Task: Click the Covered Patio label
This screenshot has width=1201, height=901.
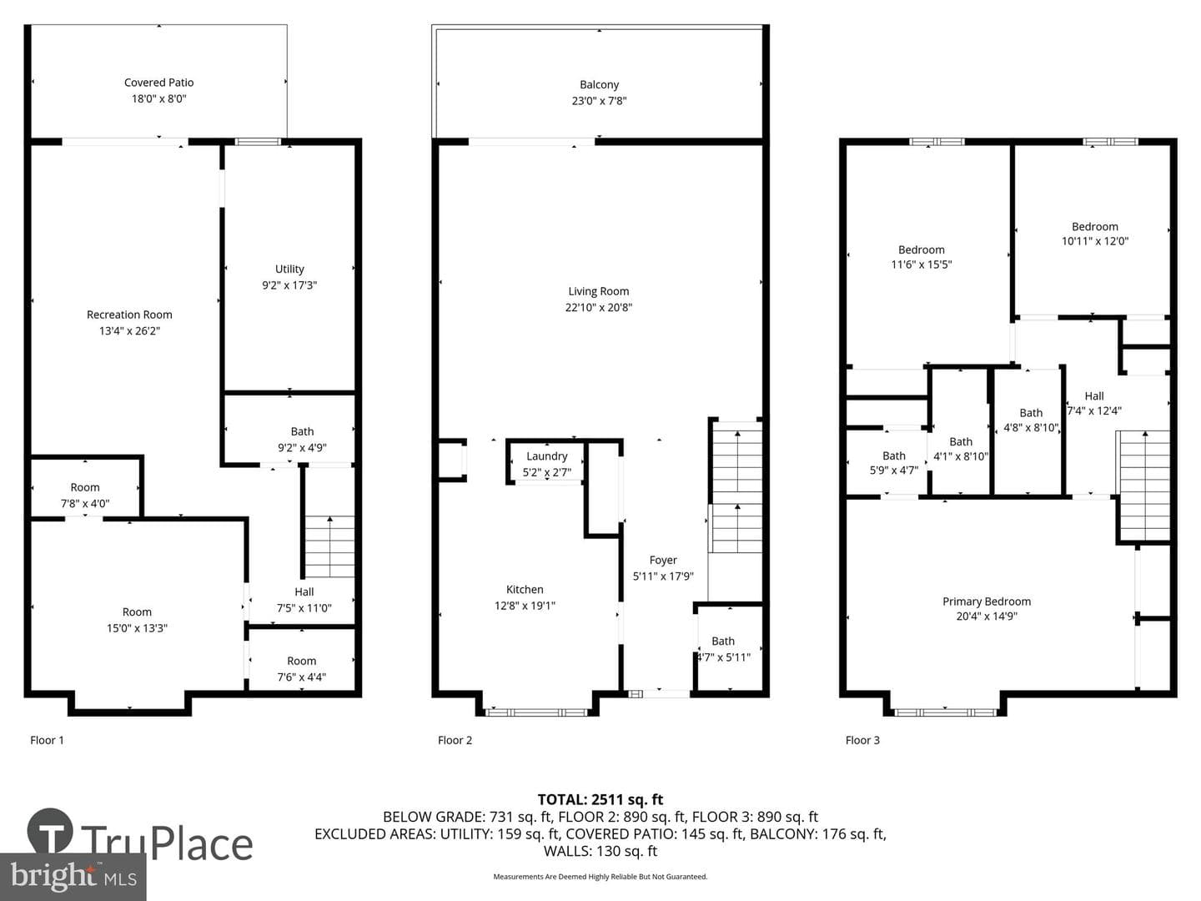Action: tap(158, 83)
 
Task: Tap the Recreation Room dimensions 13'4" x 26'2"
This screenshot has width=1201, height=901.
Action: tap(129, 331)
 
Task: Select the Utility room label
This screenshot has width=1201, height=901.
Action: tap(289, 269)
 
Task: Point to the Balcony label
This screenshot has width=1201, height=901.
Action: tap(599, 85)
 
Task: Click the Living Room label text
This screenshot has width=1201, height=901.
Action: tap(599, 292)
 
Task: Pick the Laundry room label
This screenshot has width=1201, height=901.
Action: tap(546, 456)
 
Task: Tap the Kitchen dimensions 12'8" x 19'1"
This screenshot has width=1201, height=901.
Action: tap(525, 606)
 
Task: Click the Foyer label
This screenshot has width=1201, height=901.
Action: tap(663, 560)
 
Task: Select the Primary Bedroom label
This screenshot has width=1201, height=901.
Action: tap(987, 602)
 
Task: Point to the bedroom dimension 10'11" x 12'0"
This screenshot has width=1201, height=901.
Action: tap(1095, 241)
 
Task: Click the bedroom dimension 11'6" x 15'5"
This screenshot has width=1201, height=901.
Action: tap(922, 264)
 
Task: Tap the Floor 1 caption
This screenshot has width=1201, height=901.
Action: tap(47, 740)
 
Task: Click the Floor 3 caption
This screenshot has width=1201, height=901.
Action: tap(862, 740)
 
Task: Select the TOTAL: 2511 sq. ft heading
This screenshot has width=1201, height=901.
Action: tap(600, 800)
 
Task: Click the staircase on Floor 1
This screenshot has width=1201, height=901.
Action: tap(329, 546)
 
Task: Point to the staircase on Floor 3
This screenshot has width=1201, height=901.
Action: tap(1143, 486)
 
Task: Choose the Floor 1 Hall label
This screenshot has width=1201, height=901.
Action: tap(304, 592)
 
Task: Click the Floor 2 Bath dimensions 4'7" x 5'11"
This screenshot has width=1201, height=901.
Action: tap(723, 657)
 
